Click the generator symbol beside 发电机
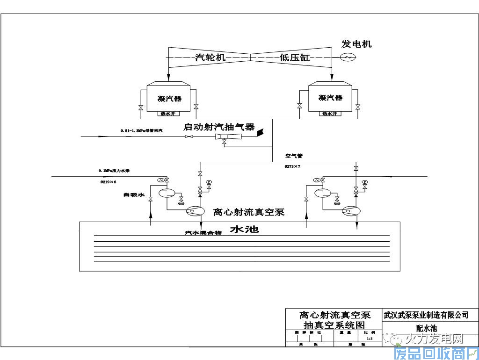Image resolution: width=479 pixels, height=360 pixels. pyautogui.click(x=348, y=57)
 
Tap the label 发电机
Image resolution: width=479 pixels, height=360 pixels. pyautogui.click(x=356, y=44)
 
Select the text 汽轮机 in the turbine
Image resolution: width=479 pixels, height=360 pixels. pyautogui.click(x=210, y=58)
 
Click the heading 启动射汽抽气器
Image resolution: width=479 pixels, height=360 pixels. pyautogui.click(x=219, y=127)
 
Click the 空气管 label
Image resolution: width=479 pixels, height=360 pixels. pyautogui.click(x=294, y=156)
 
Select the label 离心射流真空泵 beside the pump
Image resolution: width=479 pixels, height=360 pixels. pyautogui.click(x=249, y=212)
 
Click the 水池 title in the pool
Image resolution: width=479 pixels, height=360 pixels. pyautogui.click(x=244, y=230)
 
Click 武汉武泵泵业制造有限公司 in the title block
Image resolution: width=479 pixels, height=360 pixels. pyautogui.click(x=425, y=315)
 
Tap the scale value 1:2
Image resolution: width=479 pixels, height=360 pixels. pyautogui.click(x=370, y=338)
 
